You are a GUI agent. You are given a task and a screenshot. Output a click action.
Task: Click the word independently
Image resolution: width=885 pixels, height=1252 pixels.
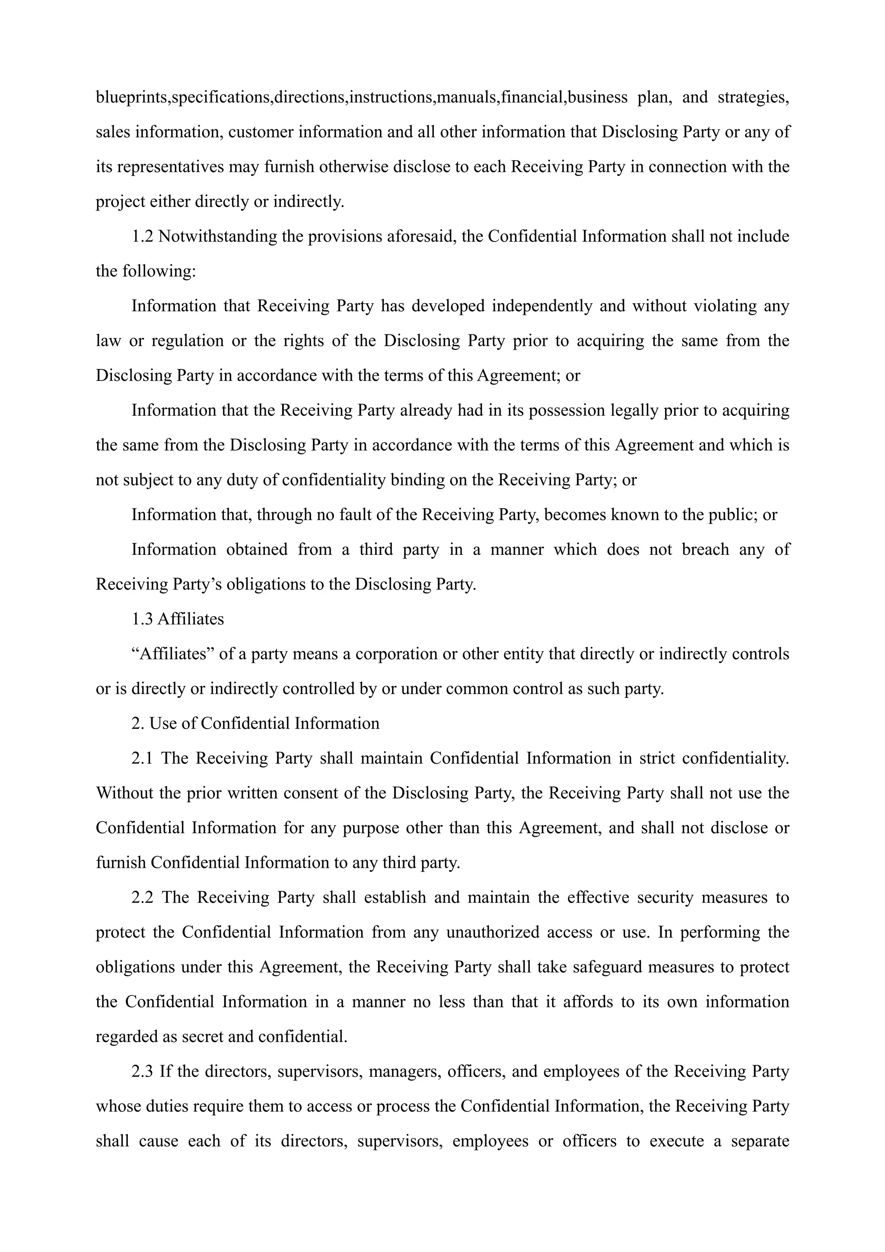click(x=541, y=306)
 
